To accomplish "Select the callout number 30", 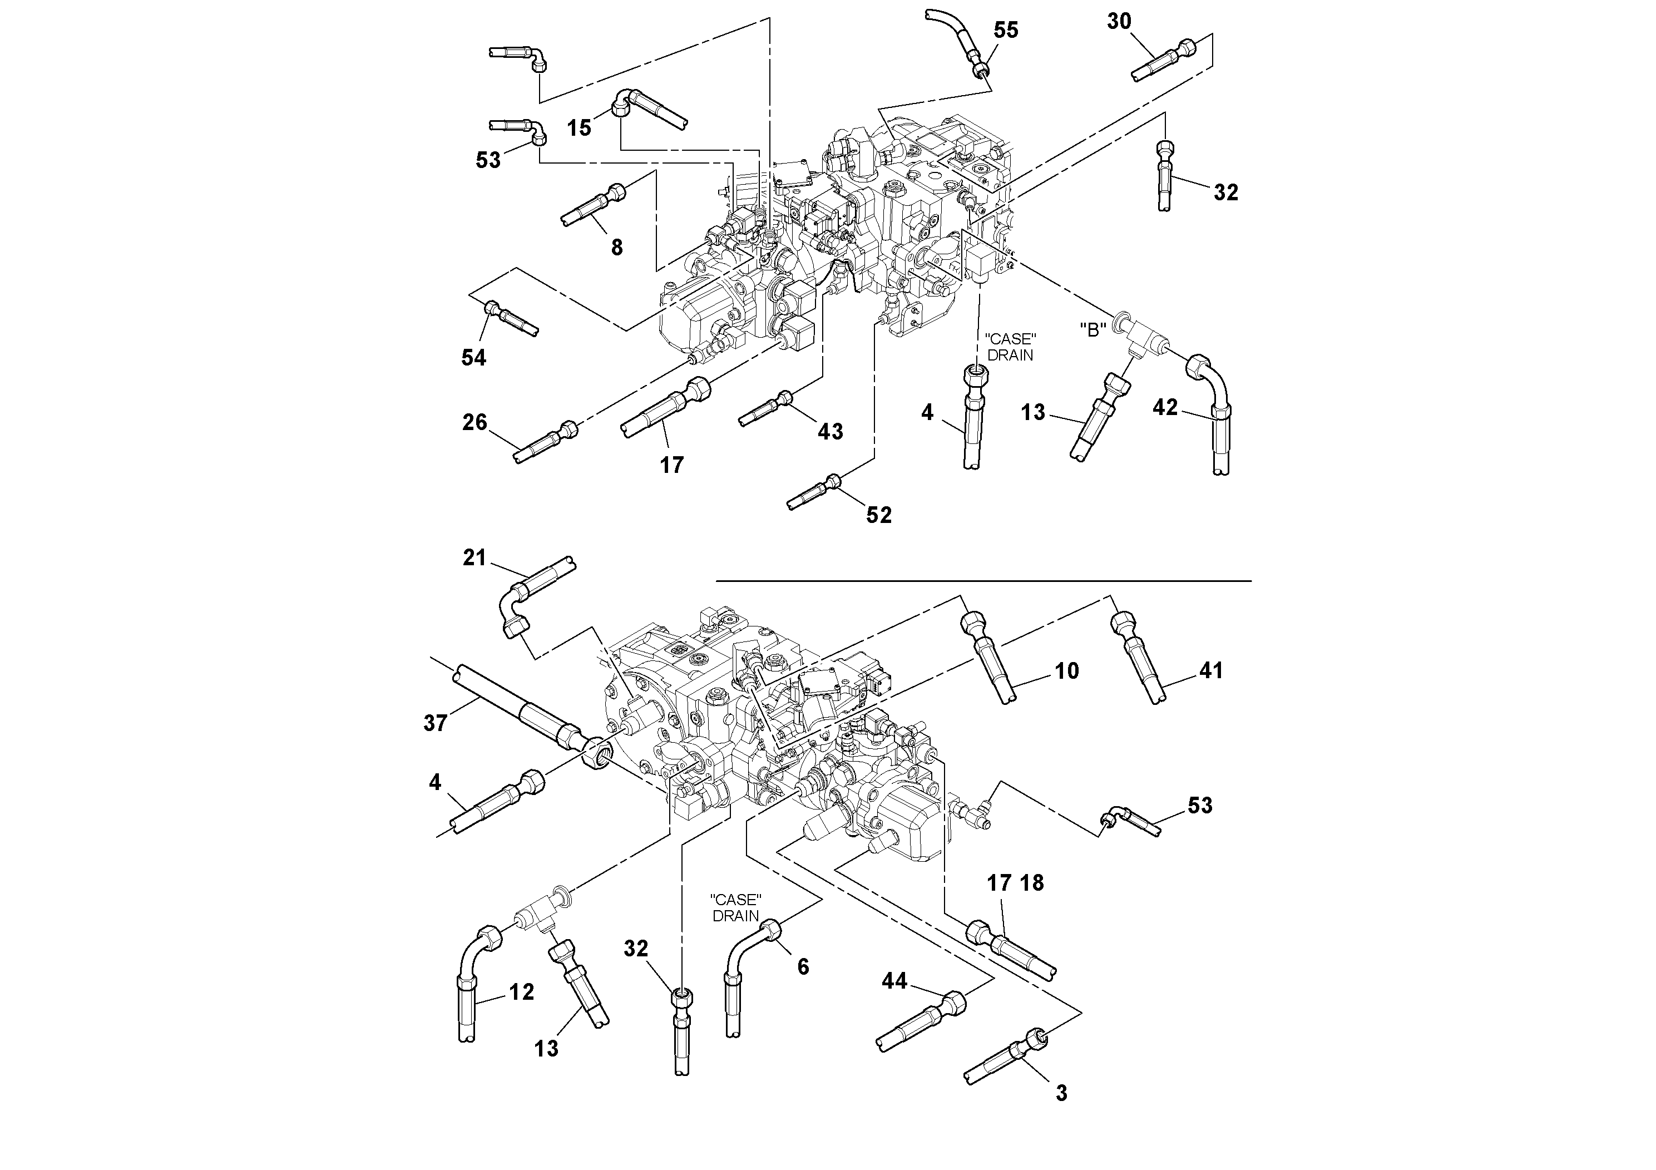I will pyautogui.click(x=1119, y=22).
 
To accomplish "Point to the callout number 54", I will pyautogui.click(x=474, y=357).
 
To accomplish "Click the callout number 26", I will pyautogui.click(x=474, y=422).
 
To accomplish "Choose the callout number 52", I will pyautogui.click(x=878, y=514).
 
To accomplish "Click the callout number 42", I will pyautogui.click(x=1165, y=408).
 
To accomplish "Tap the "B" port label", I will pyautogui.click(x=1093, y=330).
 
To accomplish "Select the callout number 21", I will pyautogui.click(x=474, y=557).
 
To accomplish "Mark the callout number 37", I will pyautogui.click(x=435, y=723).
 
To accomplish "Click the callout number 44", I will pyautogui.click(x=894, y=981).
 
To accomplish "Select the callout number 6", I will pyautogui.click(x=803, y=966).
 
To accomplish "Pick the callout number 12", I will pyautogui.click(x=521, y=993).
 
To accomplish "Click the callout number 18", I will pyautogui.click(x=1032, y=883).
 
